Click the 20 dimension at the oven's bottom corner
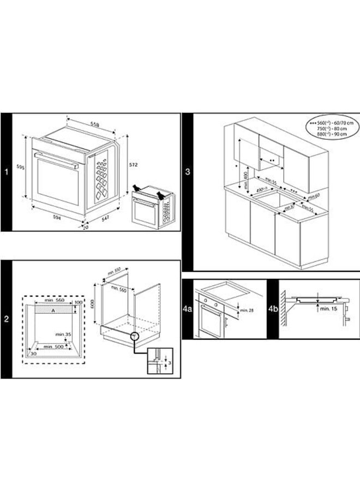coord(86,227)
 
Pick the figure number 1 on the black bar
coord(5,172)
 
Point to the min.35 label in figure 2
coord(63,333)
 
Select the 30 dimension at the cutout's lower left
coord(33,354)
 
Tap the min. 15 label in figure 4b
coord(328,309)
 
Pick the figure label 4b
coord(273,309)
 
